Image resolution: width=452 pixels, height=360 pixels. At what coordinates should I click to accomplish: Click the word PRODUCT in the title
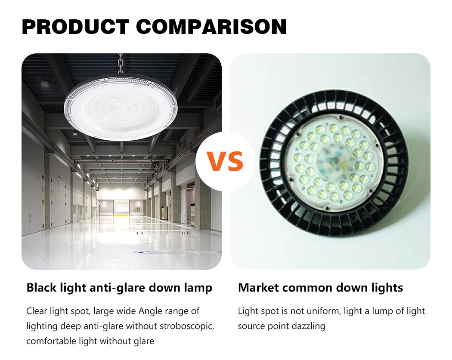[x=75, y=27]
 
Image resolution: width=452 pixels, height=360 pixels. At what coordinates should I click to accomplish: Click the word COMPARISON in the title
[x=211, y=27]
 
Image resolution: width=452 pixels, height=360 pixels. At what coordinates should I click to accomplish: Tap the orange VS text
[x=225, y=161]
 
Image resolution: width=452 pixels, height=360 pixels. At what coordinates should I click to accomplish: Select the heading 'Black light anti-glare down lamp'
[x=119, y=288]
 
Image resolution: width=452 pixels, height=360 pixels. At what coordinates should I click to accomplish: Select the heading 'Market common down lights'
[x=321, y=288]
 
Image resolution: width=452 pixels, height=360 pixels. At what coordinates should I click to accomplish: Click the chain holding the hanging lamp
[x=121, y=64]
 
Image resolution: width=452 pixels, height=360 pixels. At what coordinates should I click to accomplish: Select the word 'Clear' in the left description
[x=37, y=311]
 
